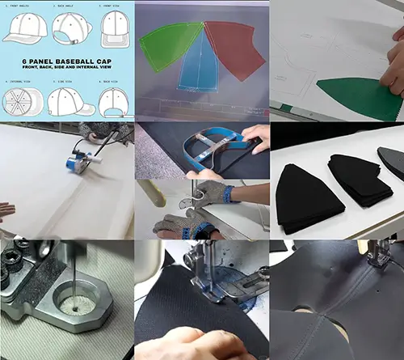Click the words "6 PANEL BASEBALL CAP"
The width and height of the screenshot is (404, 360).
pos(67,64)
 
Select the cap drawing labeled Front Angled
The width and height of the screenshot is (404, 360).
pos(24,29)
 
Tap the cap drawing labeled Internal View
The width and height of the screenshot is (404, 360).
pos(21,101)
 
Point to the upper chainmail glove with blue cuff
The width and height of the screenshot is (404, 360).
pos(212,193)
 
